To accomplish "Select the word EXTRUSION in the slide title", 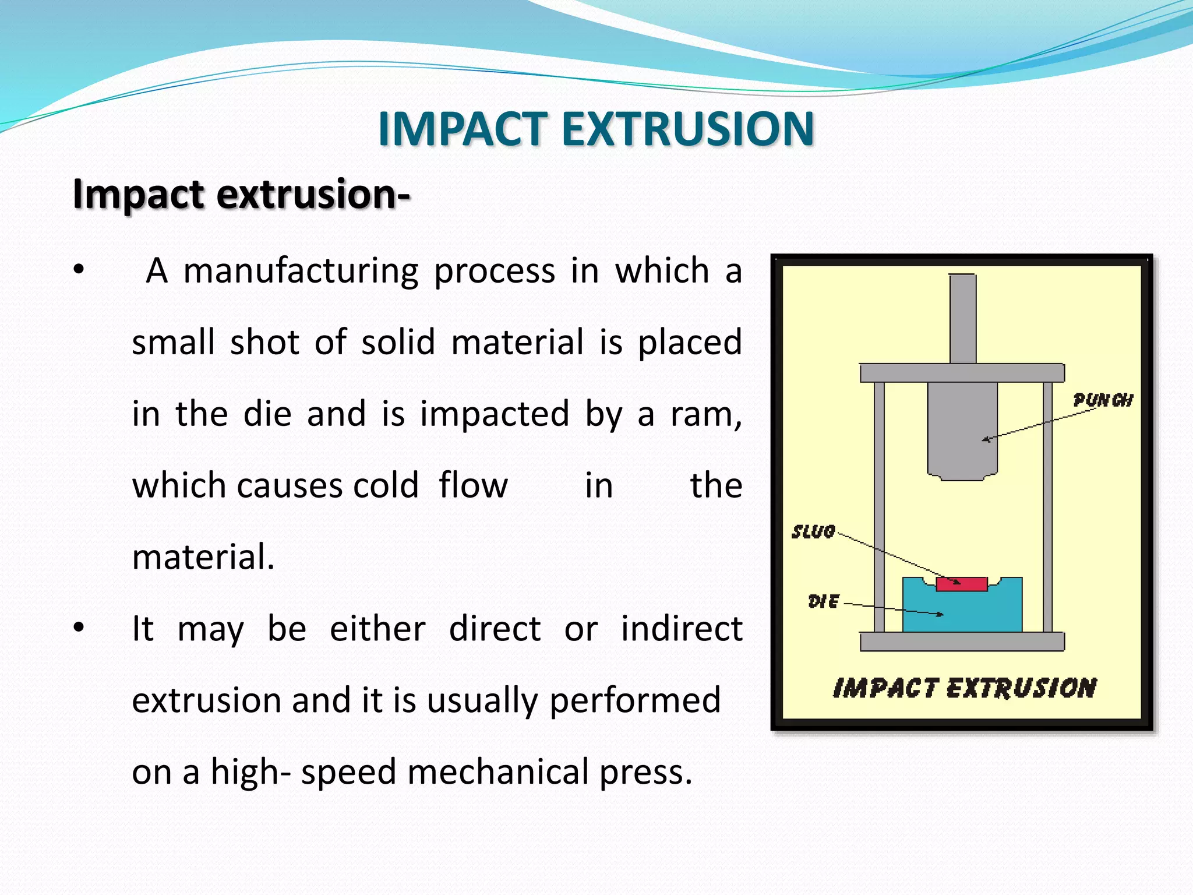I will click(x=688, y=129).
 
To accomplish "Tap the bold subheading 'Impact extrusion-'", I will click(x=241, y=194).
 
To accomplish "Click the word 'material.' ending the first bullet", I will click(x=203, y=557).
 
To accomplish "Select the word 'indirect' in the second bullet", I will click(x=682, y=629).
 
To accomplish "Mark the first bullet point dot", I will click(x=79, y=270).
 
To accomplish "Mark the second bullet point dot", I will click(x=79, y=628).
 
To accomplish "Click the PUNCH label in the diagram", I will click(x=1103, y=400).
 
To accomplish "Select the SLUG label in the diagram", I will click(x=813, y=532).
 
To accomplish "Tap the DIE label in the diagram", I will click(x=824, y=601).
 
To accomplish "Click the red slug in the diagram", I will click(x=962, y=584).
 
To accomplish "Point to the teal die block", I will click(x=962, y=612).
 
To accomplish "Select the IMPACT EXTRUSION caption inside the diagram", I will click(x=965, y=688).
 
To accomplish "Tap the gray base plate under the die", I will click(x=962, y=642).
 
